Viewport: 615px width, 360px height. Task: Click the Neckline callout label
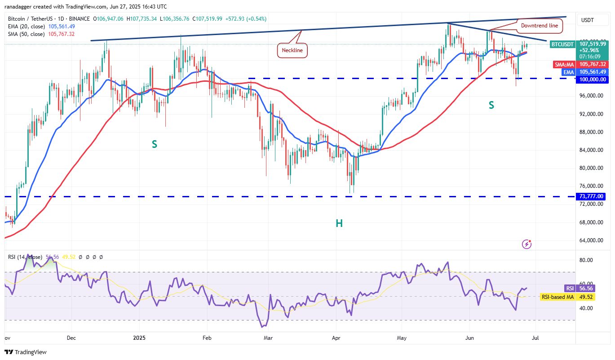tap(292, 50)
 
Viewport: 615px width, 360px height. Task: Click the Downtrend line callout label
tap(539, 26)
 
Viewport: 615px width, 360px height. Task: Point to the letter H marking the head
tap(339, 223)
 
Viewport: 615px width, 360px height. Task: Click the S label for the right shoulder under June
tap(491, 105)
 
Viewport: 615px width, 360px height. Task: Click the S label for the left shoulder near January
tap(154, 144)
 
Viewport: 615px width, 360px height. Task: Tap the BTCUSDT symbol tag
tap(562, 44)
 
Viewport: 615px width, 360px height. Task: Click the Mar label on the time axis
tap(268, 337)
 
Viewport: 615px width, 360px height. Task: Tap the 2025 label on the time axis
tap(140, 337)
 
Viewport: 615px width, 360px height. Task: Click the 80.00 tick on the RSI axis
tap(586, 260)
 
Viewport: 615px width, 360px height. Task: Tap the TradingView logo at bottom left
tap(26, 352)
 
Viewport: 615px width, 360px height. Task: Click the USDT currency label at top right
tap(588, 20)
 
